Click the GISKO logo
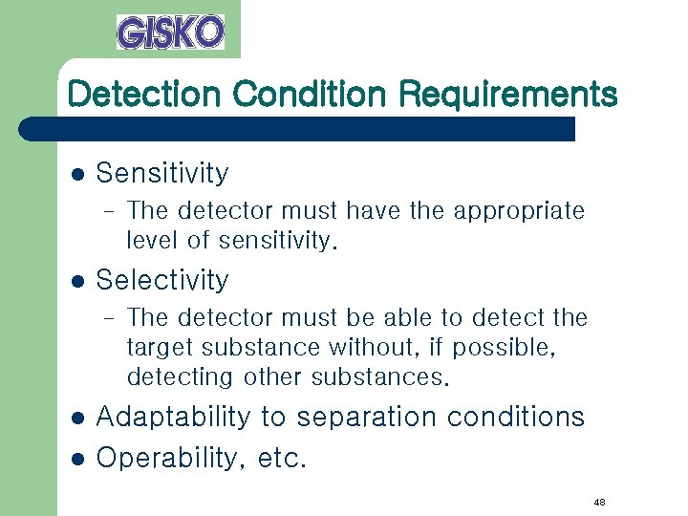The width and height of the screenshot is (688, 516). [x=170, y=32]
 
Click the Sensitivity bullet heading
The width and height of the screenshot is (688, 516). [x=162, y=174]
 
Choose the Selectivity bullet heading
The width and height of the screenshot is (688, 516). [x=162, y=281]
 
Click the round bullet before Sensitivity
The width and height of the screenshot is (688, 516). [x=78, y=175]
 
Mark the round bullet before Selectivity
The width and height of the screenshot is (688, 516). [x=78, y=282]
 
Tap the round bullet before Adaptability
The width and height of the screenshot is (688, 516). [x=78, y=419]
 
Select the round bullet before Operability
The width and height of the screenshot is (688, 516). [x=78, y=460]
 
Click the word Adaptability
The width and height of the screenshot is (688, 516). [x=173, y=418]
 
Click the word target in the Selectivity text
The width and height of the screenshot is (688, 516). [x=158, y=348]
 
